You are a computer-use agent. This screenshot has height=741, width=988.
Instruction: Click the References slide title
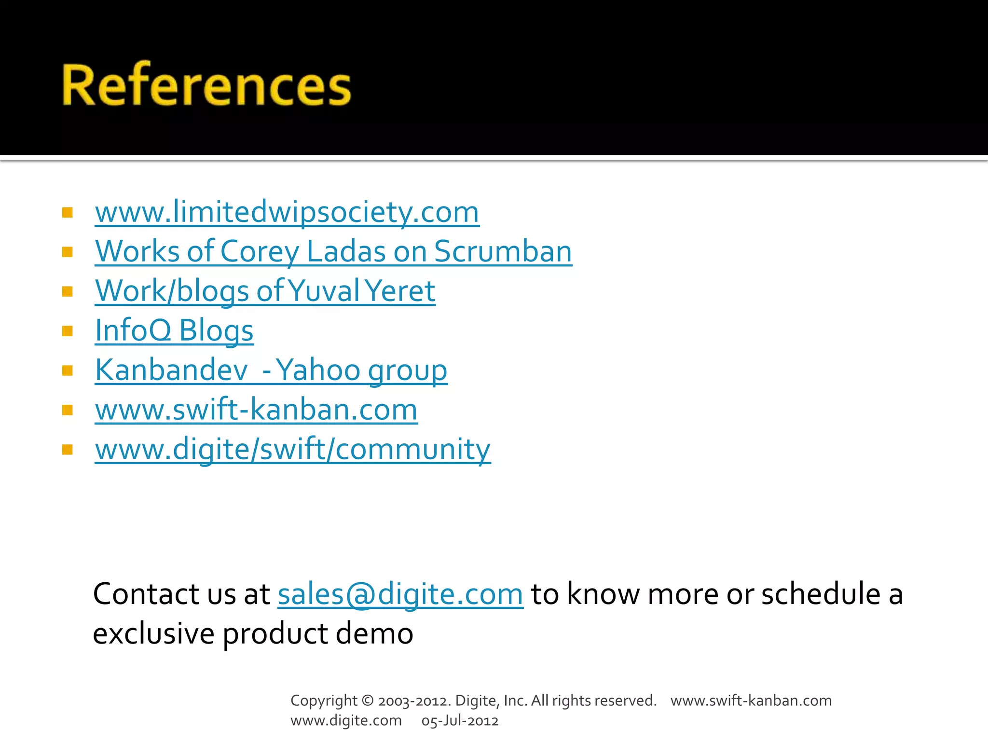[x=206, y=85]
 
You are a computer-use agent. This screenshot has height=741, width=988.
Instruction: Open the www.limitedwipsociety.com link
[x=287, y=212]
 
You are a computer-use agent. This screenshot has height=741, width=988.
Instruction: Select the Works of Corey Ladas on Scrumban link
[x=333, y=252]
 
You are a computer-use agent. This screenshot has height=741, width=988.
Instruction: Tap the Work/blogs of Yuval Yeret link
[x=265, y=291]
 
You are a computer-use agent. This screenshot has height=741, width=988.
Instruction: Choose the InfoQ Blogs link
[x=174, y=331]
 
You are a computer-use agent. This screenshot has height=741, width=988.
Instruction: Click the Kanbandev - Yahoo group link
[x=271, y=370]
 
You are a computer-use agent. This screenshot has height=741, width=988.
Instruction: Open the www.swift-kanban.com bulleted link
[x=256, y=410]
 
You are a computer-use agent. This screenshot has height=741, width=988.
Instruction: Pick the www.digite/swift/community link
[x=293, y=450]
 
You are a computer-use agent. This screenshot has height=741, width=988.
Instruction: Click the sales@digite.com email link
[x=400, y=594]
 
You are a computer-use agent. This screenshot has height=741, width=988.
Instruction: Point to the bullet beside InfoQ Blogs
[x=68, y=331]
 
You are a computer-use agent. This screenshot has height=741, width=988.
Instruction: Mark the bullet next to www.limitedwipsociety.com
[x=68, y=212]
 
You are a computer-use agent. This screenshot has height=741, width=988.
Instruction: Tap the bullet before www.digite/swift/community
[x=68, y=450]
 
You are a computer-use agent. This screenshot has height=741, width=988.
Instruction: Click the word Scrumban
[x=503, y=252]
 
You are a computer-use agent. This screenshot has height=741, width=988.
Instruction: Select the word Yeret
[x=400, y=291]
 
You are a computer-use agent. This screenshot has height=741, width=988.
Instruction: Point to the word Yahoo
[x=318, y=370]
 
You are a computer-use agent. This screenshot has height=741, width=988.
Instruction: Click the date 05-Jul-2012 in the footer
[x=460, y=721]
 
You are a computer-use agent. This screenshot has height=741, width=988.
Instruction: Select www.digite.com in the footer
[x=346, y=721]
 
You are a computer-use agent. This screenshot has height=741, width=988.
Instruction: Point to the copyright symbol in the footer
[x=368, y=700]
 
